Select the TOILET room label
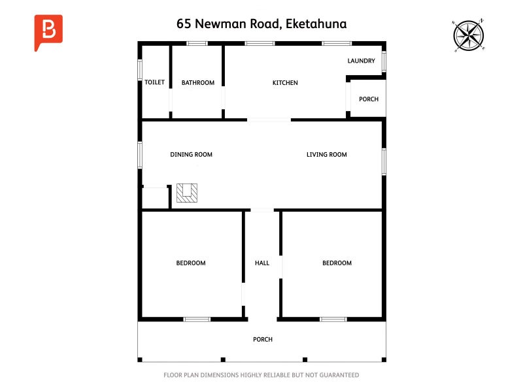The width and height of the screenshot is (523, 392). coord(154,82)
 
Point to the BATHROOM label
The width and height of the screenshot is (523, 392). coord(197,82)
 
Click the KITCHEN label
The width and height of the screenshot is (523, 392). coord(285,82)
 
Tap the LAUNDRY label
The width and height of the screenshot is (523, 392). coord(361,61)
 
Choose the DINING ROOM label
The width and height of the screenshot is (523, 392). coord(191,155)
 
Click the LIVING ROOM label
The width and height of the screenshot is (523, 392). coord(326,155)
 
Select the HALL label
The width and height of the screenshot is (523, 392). coord(261,263)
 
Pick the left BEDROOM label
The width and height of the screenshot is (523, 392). coord(190,263)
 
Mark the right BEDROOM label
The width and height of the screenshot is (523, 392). coord(337,263)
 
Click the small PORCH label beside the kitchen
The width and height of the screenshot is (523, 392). coord(369,99)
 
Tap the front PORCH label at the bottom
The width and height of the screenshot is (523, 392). coord(262,340)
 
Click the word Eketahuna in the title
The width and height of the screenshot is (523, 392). coord(316,24)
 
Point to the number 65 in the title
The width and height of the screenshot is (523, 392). coord(184,24)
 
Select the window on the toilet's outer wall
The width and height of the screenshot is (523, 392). coord(140,70)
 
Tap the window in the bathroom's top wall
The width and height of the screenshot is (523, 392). coord(197,44)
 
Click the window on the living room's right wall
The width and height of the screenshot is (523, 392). coord(384,161)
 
